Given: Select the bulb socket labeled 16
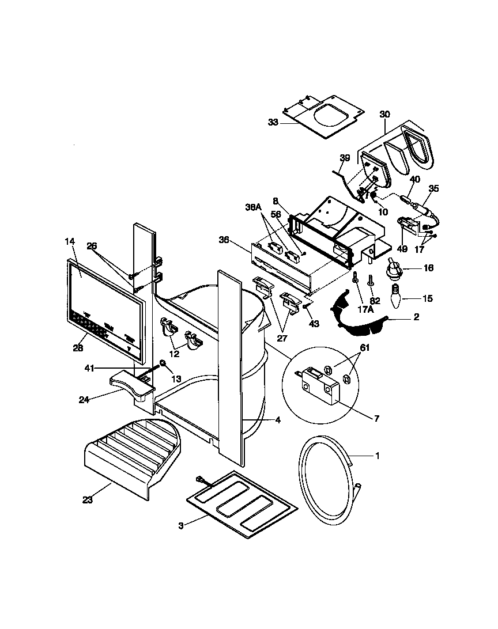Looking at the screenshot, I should pyautogui.click(x=395, y=267).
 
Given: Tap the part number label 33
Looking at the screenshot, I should pyautogui.click(x=273, y=122).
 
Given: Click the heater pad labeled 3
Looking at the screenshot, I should pyautogui.click(x=243, y=503).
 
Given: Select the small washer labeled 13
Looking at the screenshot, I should pyautogui.click(x=163, y=363).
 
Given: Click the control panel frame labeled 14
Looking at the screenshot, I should pyautogui.click(x=104, y=300).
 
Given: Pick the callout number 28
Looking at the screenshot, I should pyautogui.click(x=78, y=348).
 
